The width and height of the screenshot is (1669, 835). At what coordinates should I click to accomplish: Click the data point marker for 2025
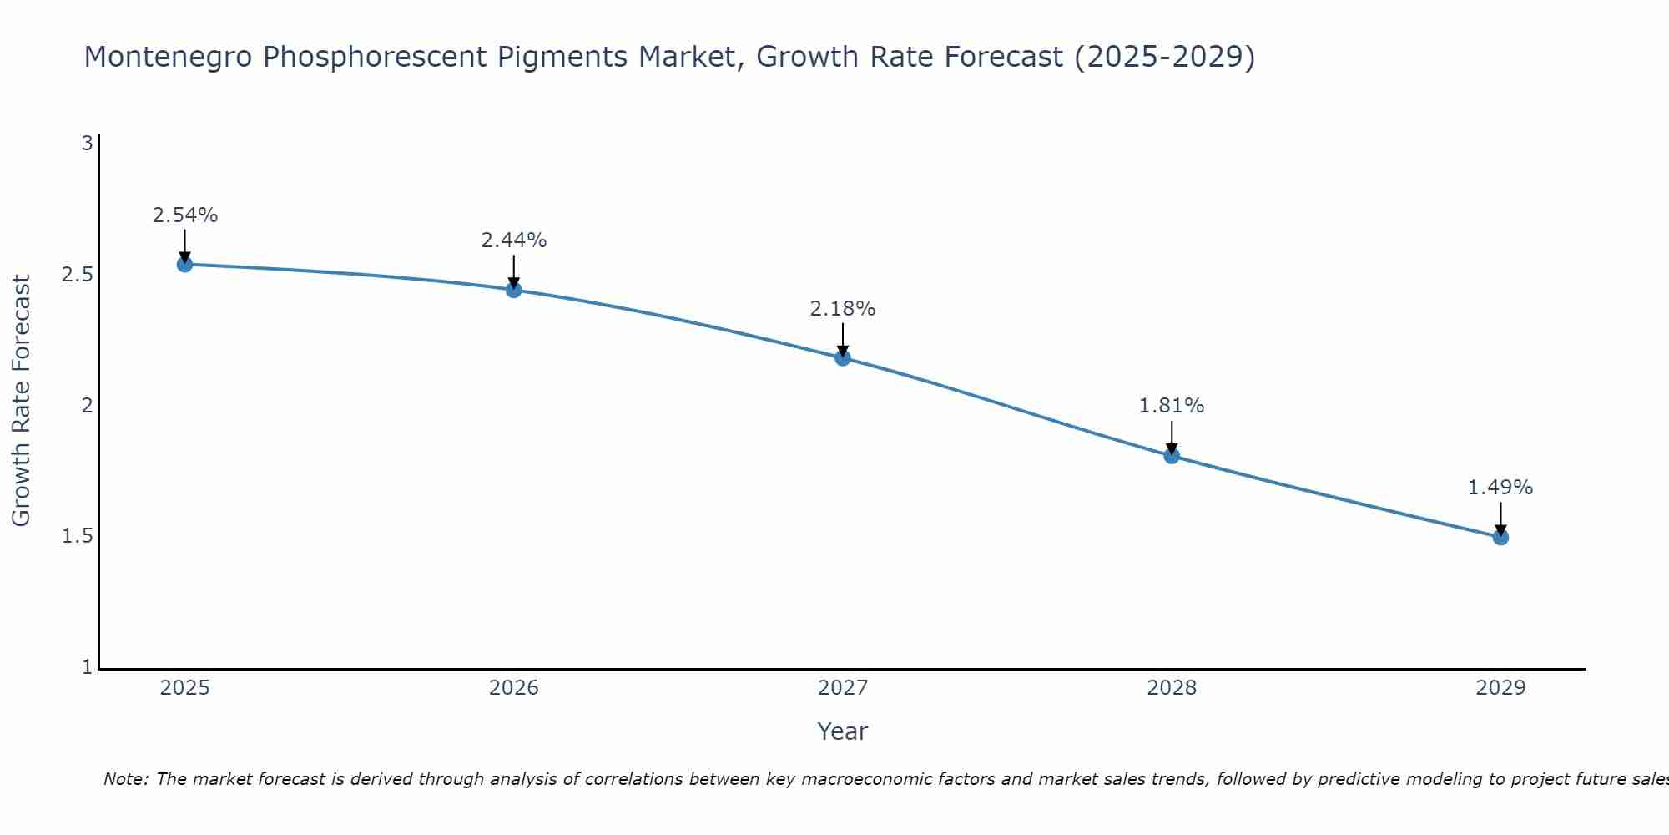coord(185,265)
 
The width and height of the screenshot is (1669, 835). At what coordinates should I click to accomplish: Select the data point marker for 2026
coord(514,290)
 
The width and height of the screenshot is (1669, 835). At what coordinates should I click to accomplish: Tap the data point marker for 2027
coord(843,358)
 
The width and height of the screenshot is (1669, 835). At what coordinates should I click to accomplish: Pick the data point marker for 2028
coord(1172,456)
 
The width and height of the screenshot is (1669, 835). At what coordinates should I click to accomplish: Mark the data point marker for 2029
coord(1500,537)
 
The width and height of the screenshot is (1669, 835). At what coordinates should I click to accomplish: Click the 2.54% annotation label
coord(185,215)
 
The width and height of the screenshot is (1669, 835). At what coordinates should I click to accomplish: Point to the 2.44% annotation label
coord(514,240)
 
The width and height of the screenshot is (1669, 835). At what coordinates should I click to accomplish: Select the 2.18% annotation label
coord(843,309)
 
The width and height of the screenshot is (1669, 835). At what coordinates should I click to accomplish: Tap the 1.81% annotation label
coord(1172,406)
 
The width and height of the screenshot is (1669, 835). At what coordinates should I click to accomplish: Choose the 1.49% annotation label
coord(1500,488)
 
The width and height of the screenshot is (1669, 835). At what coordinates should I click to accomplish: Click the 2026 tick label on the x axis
coord(514,688)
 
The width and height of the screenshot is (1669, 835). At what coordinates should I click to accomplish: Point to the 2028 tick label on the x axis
coord(1172,688)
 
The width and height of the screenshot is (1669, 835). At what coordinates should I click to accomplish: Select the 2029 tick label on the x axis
coord(1500,688)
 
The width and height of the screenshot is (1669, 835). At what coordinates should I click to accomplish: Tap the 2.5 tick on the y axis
coord(77,275)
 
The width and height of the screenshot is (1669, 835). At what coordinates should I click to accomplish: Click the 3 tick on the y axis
coord(87,144)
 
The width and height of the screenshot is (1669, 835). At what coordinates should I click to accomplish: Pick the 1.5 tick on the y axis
coord(77,536)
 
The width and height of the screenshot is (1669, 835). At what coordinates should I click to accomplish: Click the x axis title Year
coord(843,731)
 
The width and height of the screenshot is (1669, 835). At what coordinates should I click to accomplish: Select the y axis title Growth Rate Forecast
coord(22,401)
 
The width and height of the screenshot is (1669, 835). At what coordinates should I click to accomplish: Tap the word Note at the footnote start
coord(125,779)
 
